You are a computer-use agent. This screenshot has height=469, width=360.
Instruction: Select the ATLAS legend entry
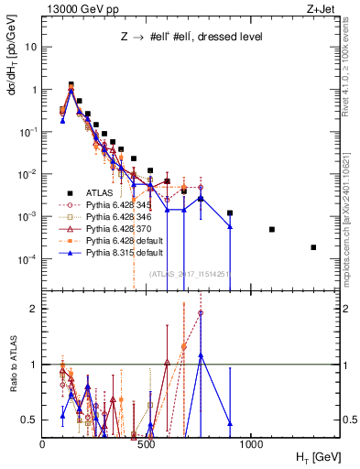coord(102,192)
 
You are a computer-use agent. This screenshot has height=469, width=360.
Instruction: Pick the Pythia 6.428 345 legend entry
coord(118,205)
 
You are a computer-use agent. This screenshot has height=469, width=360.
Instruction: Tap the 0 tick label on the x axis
coord(43,445)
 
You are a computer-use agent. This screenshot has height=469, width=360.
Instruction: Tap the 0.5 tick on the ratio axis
coord(30,420)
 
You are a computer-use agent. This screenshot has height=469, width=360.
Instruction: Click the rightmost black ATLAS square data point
coord(313,247)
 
